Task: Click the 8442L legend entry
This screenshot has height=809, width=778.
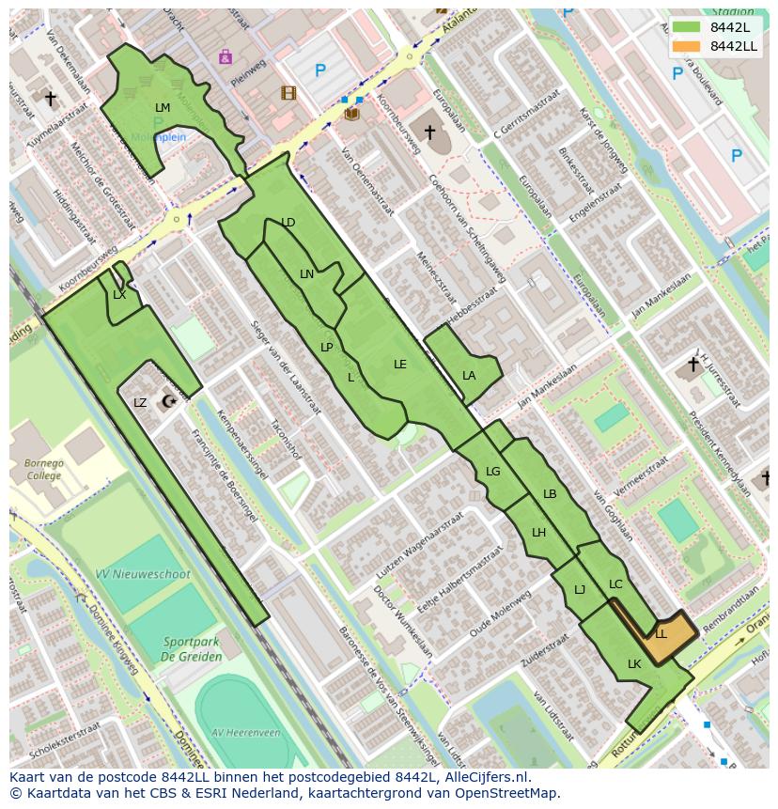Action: point(729,27)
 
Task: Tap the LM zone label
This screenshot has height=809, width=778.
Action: point(163,108)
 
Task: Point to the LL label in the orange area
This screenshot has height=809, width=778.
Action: point(661,634)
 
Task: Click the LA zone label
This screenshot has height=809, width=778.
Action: point(469,376)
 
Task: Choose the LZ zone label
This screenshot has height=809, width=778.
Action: point(140,403)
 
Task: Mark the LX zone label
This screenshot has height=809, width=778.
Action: point(119,295)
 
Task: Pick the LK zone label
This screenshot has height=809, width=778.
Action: point(634,664)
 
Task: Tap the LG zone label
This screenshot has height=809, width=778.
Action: point(493,472)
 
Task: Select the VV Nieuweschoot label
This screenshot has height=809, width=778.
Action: point(143,574)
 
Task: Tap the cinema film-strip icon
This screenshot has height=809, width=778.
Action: point(288,93)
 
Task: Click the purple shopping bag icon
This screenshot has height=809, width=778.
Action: point(225,57)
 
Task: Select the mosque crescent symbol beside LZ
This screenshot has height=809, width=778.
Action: point(169,402)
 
